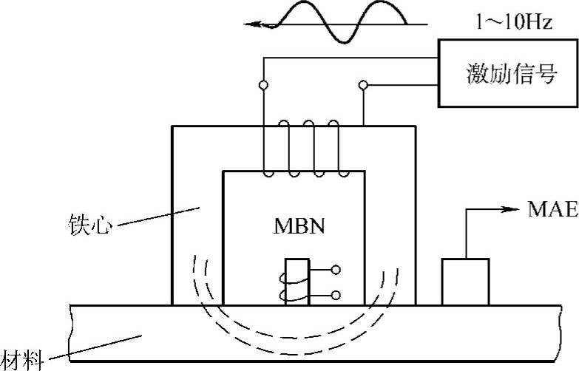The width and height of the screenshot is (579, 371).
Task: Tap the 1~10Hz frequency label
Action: tap(513, 22)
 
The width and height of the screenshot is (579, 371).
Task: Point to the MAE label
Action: tap(552, 210)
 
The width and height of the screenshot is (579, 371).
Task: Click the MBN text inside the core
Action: tap(294, 222)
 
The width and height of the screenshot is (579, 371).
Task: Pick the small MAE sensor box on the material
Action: tap(464, 282)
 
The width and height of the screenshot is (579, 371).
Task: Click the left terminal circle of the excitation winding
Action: tap(263, 86)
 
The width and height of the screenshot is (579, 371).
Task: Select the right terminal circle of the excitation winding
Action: tap(363, 86)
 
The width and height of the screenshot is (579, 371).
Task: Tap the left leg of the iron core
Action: tap(197, 222)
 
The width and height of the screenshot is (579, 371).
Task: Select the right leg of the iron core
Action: tap(390, 222)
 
